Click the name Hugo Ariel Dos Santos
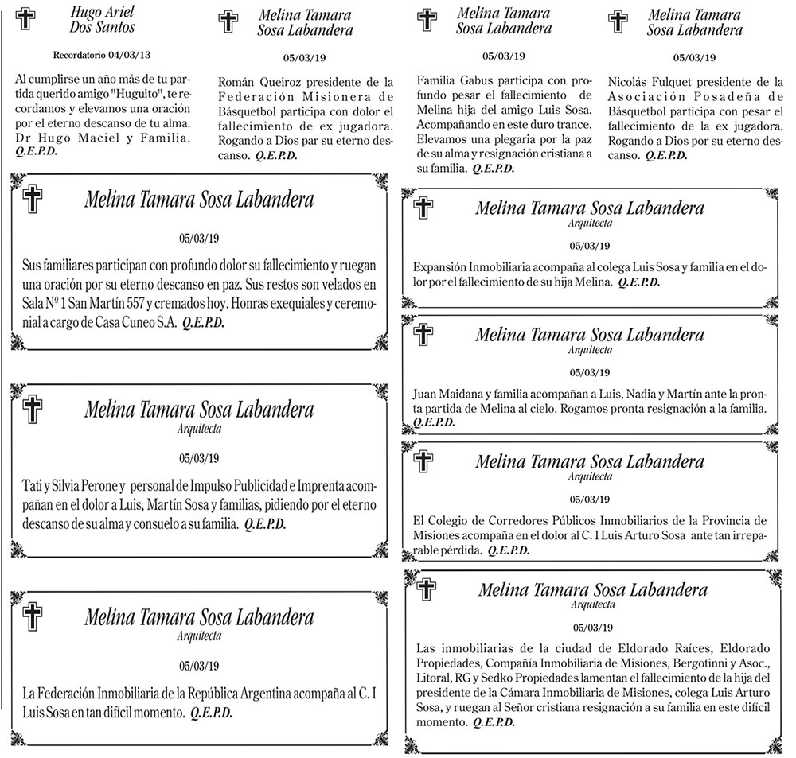click(x=102, y=20)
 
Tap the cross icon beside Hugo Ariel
click(x=27, y=18)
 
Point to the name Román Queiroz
click(x=257, y=82)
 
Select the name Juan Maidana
click(x=447, y=394)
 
